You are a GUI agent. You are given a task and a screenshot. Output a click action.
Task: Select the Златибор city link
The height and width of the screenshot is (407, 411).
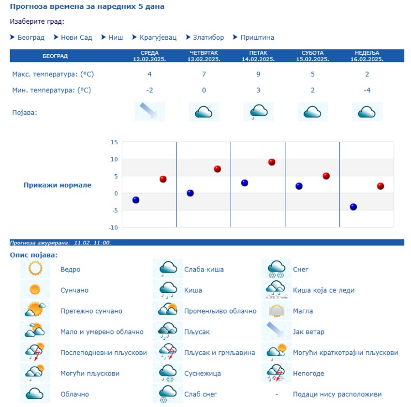[x=208, y=37]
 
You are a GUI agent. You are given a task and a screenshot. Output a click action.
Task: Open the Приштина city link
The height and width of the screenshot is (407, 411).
[x=257, y=37]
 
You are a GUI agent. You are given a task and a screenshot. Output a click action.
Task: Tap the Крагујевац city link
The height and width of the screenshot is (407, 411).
[x=158, y=37]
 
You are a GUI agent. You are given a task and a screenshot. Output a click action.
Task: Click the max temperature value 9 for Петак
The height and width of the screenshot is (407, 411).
[x=258, y=74]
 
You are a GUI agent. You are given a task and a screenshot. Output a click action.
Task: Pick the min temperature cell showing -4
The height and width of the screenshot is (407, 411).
[x=367, y=90]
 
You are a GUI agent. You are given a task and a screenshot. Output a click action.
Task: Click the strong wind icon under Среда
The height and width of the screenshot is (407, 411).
[x=150, y=111]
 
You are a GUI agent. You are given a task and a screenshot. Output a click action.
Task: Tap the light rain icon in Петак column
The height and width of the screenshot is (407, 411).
[x=258, y=111]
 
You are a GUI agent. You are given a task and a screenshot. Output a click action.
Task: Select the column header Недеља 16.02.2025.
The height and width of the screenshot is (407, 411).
[x=367, y=56]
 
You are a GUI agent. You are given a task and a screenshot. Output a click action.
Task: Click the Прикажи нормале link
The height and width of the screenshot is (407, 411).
[x=57, y=185]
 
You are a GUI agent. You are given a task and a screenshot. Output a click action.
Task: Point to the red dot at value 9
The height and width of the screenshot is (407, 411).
[x=272, y=162]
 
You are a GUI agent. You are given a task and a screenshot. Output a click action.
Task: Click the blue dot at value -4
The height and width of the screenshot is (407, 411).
[x=353, y=207]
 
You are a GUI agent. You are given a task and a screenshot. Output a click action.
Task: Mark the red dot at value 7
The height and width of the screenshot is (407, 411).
[x=218, y=169]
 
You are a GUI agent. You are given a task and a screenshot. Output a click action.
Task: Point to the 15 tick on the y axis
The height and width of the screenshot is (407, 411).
[x=114, y=142]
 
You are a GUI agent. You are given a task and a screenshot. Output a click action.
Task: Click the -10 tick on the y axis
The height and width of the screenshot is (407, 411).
[x=113, y=227]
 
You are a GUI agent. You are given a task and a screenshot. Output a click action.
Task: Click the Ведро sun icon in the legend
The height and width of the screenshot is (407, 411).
[x=35, y=269]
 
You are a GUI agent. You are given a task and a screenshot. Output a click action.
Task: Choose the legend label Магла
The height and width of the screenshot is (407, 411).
[x=303, y=311]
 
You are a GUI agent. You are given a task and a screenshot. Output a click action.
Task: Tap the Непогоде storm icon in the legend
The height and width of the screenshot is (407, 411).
[x=277, y=373]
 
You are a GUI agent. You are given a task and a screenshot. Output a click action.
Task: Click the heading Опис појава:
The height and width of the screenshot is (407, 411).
[x=34, y=255]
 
